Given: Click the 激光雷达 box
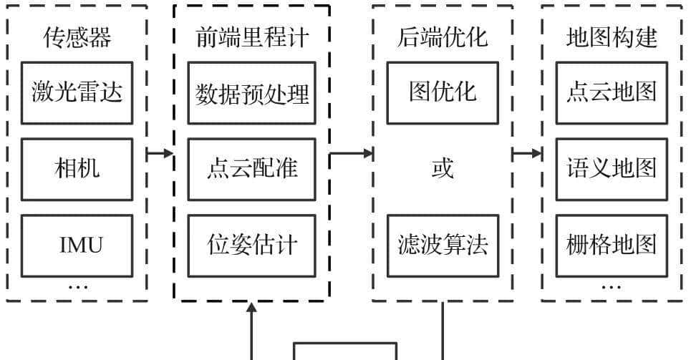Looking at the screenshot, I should pyautogui.click(x=77, y=92).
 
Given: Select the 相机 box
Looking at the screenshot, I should pyautogui.click(x=77, y=169).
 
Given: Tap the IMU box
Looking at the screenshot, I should pyautogui.click(x=77, y=245).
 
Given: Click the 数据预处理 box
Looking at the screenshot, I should pyautogui.click(x=251, y=92).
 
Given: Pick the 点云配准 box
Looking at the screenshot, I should pyautogui.click(x=251, y=169).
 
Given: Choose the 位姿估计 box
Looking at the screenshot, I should pyautogui.click(x=251, y=245).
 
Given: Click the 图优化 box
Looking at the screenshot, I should pyautogui.click(x=443, y=92).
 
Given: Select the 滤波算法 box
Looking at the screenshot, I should pyautogui.click(x=443, y=245).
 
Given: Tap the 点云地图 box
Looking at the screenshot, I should pyautogui.click(x=612, y=92).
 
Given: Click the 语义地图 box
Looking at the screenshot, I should pyautogui.click(x=612, y=169).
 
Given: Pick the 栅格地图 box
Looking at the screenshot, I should pyautogui.click(x=612, y=245).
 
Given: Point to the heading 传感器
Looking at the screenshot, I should pyautogui.click(x=77, y=38).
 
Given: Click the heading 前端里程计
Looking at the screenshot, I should pyautogui.click(x=251, y=38).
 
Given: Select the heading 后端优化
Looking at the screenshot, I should pyautogui.click(x=443, y=38).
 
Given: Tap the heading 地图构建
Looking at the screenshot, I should pyautogui.click(x=612, y=38).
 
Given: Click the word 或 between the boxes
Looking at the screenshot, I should pyautogui.click(x=443, y=169).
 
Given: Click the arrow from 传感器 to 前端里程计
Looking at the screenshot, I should pyautogui.click(x=160, y=153).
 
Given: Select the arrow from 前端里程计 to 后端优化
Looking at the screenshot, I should pyautogui.click(x=351, y=153).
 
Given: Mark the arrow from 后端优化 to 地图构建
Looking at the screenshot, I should pyautogui.click(x=527, y=153).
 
